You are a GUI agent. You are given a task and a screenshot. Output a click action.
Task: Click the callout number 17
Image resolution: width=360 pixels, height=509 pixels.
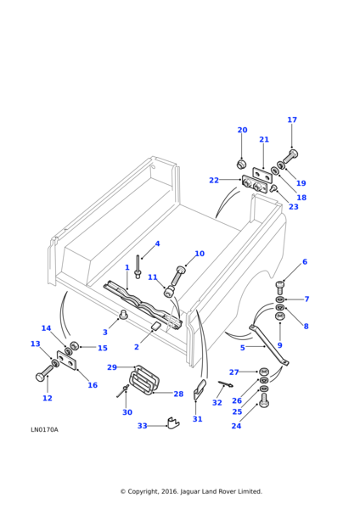coord(292,120)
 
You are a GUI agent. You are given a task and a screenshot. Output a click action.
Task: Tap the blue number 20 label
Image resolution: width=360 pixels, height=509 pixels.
coord(242,130)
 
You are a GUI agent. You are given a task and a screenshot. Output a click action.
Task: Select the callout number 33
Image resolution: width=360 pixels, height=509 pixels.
coord(143,426)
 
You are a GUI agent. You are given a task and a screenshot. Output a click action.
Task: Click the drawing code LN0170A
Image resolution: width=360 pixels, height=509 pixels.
coord(44,430)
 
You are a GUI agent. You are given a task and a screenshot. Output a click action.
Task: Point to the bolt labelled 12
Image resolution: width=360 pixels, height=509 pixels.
coord(44,372)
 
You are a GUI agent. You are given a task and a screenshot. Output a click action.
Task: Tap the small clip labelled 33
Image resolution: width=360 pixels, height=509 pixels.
coord(173,422)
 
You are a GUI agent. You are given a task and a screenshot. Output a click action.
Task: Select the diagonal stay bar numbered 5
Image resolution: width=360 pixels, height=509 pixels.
coord(269,346)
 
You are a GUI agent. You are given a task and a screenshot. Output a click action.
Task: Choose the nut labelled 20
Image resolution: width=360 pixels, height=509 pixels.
coord(241,164)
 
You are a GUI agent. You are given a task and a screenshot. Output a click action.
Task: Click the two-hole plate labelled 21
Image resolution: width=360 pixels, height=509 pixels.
coord(262,174)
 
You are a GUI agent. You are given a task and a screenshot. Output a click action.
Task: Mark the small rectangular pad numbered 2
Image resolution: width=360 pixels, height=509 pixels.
coord(156,326)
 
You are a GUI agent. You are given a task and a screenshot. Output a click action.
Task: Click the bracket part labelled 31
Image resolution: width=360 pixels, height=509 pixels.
coord(199,389)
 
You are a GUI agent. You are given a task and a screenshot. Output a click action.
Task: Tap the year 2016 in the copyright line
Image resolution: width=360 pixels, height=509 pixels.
coord(169,492)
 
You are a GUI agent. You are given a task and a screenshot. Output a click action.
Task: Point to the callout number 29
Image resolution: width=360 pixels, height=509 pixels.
coord(112,367)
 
